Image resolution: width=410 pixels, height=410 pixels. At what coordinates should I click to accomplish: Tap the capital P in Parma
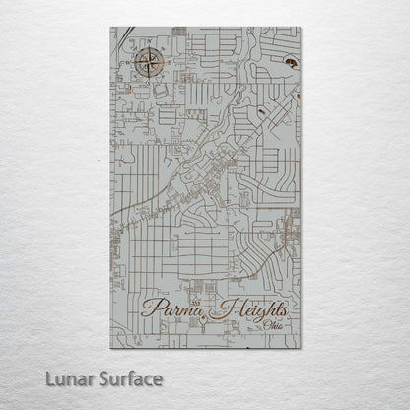click(x=150, y=307)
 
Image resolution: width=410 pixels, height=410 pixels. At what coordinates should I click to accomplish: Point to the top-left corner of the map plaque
click(x=110, y=27)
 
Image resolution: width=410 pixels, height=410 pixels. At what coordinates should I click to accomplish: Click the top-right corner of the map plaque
click(x=301, y=27)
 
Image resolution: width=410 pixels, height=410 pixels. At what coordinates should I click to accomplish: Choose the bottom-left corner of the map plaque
click(x=110, y=348)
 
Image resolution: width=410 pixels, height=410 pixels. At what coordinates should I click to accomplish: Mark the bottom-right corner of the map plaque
click(x=301, y=348)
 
